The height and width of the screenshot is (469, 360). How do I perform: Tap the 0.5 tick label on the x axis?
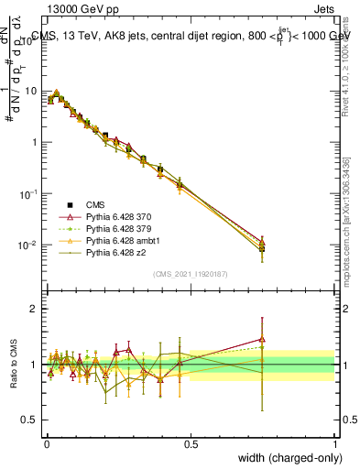(x=191, y=444)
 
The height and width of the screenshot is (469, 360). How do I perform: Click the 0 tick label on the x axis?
(x=46, y=444)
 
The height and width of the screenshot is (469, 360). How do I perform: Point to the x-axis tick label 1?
(x=335, y=444)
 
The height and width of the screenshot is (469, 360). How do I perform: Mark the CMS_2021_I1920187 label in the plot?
(x=191, y=274)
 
